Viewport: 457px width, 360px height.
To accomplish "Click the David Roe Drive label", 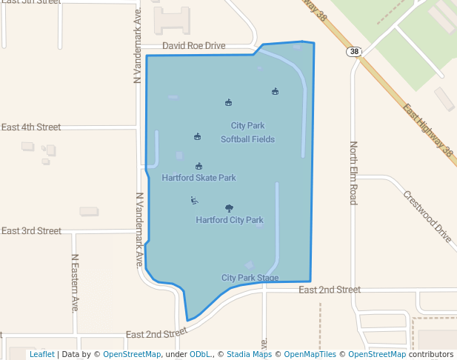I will pos(193,46).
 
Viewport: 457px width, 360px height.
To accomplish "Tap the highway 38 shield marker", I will pos(353,52).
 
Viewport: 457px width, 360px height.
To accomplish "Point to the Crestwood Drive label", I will pos(427,217).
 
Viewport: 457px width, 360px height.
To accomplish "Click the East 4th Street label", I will pos(31,127).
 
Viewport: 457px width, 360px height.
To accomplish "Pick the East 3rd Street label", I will pos(31,231).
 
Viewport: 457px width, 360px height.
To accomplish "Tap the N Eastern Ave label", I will pos(75,283).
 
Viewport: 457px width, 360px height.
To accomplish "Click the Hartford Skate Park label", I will pos(199,178).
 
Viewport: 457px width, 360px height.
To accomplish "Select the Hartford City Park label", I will pos(230,220).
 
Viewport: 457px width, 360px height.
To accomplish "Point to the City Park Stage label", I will pos(250,278).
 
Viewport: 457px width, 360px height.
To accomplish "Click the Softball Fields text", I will pos(247,139).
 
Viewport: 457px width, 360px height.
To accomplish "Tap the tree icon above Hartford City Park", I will pos(228,209).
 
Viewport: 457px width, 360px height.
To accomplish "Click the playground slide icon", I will pos(194,200).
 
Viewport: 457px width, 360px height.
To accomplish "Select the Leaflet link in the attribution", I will pos(41,355).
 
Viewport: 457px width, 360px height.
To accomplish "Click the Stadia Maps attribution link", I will pos(249,355).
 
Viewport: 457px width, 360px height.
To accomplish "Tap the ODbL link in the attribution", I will pos(201,355).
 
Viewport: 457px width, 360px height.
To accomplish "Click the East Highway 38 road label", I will pos(428,130).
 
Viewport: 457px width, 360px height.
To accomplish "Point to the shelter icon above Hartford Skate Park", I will pos(199,167).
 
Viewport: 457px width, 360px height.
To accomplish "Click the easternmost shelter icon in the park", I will pos(275,91).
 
